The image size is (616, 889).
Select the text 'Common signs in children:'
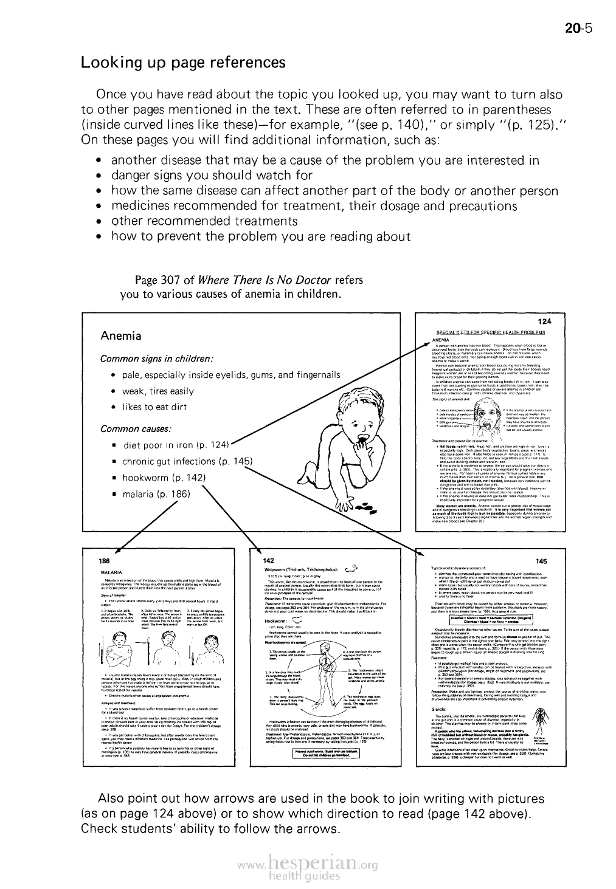pos(155,358)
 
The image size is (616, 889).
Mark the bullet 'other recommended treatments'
pos(204,221)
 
